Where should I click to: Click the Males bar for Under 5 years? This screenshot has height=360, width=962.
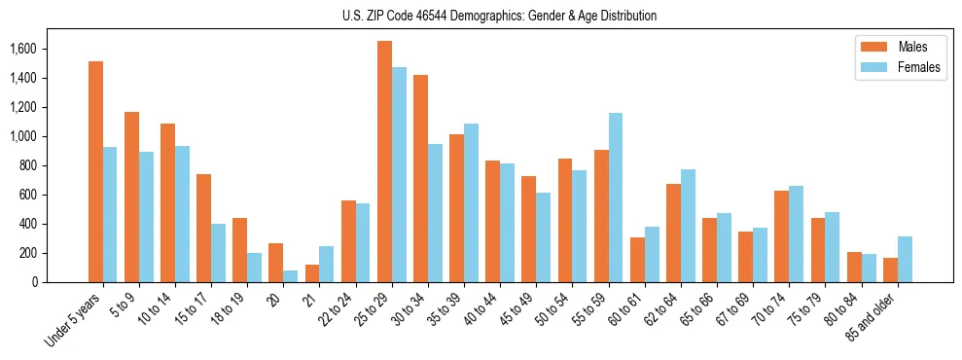pyautogui.click(x=95, y=171)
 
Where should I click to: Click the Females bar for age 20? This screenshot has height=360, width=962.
pyautogui.click(x=291, y=276)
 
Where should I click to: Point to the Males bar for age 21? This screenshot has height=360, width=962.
pyautogui.click(x=312, y=273)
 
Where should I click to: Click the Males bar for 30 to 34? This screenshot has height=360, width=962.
pyautogui.click(x=420, y=178)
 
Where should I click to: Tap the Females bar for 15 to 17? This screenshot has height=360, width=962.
pyautogui.click(x=218, y=253)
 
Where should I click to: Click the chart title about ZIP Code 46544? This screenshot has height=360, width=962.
pyautogui.click(x=499, y=16)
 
